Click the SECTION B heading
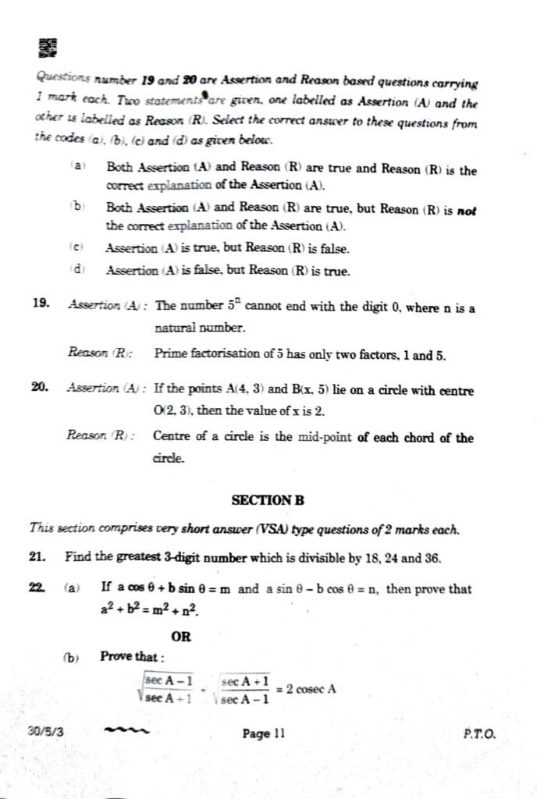point(268,499)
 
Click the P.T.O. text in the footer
point(478,733)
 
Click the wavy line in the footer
point(125,732)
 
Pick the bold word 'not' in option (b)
point(466,211)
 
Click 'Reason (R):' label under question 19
point(99,353)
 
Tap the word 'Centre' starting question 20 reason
point(172,437)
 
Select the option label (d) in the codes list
point(76,270)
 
